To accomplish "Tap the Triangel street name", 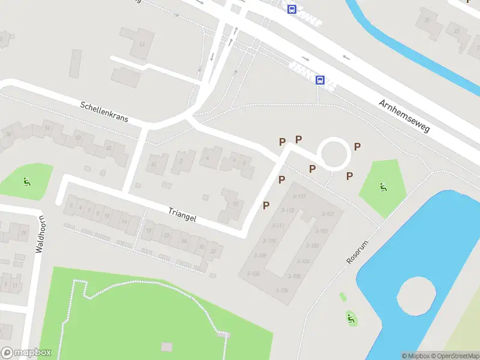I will coord(182,214).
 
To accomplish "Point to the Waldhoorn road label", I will coord(40,234).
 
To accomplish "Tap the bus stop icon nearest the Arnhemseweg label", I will coord(320,80).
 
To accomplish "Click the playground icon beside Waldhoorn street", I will coord(26,181).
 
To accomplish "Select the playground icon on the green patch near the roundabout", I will coord(382,187).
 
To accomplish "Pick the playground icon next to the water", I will coord(350,319).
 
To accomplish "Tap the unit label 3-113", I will coord(299,196).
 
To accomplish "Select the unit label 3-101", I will coord(328,214).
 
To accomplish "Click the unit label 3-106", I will coord(282,290).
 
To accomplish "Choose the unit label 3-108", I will coord(253,274).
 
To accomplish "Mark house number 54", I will coord(47,128).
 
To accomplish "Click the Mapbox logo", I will coord(26,353).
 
